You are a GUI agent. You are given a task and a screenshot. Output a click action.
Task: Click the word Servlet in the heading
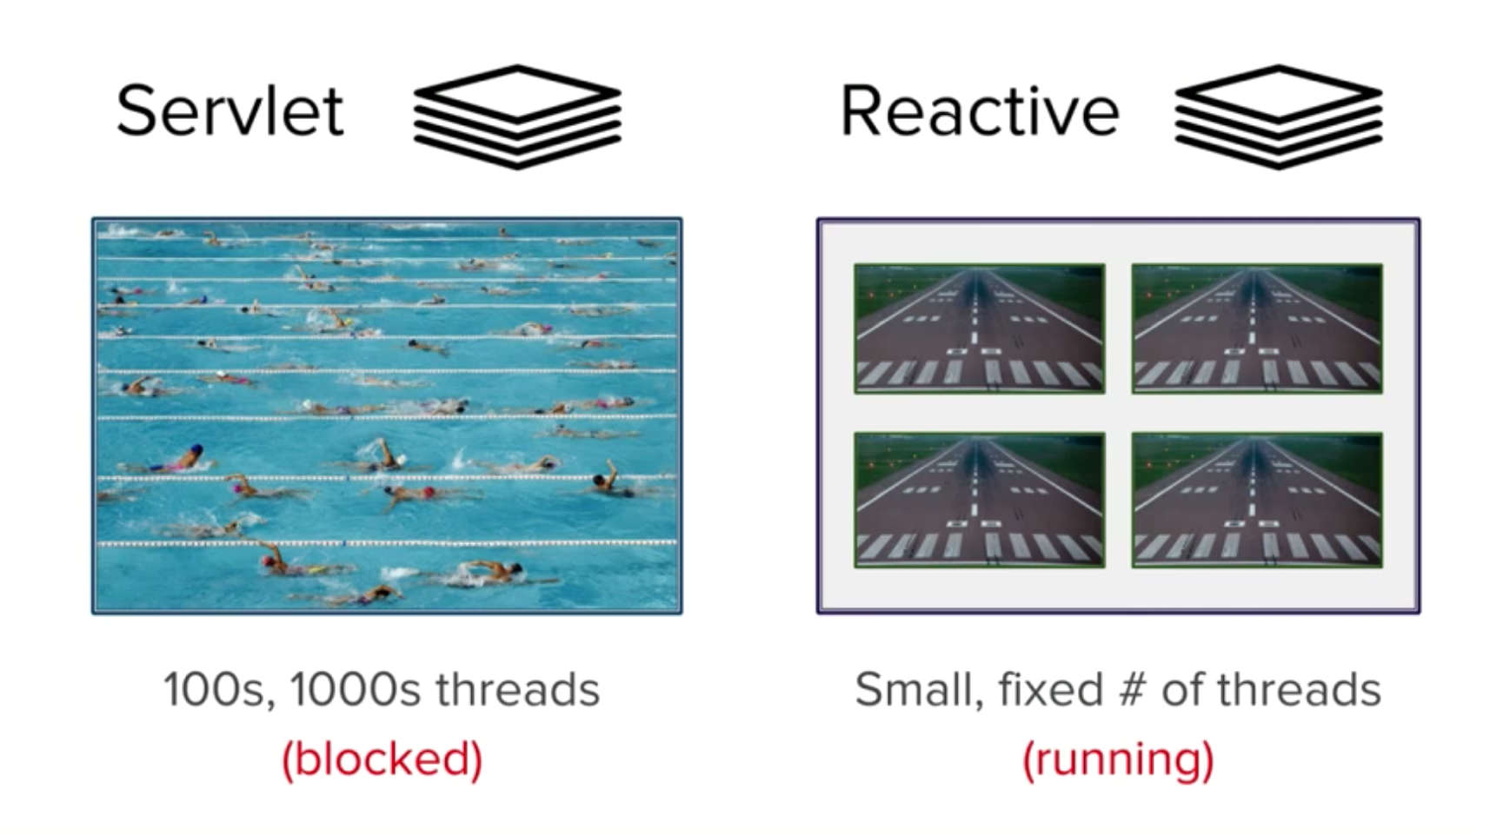pos(230,110)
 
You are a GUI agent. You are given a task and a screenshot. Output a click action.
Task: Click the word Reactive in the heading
pos(979,110)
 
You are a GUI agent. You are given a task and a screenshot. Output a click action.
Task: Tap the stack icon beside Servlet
pos(517,116)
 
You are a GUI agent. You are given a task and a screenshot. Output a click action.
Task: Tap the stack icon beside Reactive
pos(1278,116)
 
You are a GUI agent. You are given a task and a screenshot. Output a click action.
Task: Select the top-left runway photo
pos(979,328)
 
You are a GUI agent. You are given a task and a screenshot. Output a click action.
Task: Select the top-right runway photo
pos(1256,328)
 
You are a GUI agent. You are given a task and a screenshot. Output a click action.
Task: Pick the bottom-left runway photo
pos(979,500)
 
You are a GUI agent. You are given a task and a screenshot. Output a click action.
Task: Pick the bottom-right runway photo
pos(1256,500)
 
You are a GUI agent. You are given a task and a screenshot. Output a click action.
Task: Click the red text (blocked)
pos(382,759)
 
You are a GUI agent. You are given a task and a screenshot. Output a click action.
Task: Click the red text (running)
pos(1118,759)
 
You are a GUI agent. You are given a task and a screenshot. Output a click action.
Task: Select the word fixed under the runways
pos(1051,691)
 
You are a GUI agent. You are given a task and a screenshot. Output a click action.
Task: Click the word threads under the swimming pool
pos(517,691)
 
